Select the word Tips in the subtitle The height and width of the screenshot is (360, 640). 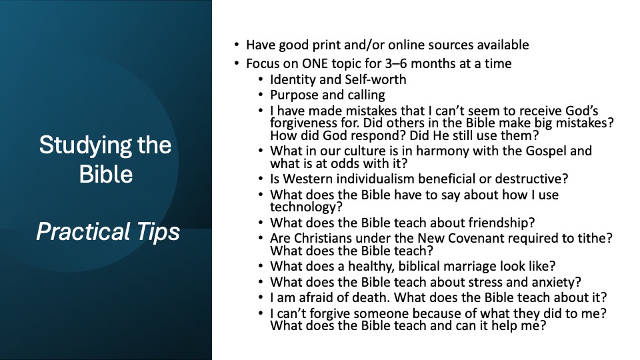158,232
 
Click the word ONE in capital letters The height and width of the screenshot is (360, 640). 315,64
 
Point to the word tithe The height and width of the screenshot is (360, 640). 596,238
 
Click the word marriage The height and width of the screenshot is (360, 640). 470,267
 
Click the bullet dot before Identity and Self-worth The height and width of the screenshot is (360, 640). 261,79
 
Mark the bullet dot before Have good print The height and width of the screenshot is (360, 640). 237,45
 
